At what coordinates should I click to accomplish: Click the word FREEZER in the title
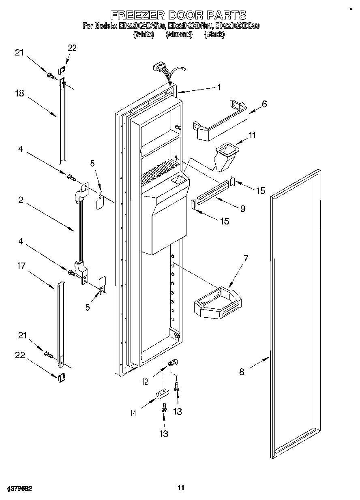click(x=138, y=15)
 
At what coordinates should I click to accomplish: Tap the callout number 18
click(x=19, y=94)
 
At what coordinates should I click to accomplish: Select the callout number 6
click(x=264, y=104)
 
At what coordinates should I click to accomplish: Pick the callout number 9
click(x=242, y=209)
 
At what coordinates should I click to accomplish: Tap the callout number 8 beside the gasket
click(x=242, y=372)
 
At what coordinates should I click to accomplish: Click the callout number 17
click(x=21, y=266)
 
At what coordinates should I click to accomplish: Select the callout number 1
click(x=219, y=87)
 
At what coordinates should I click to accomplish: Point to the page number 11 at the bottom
click(x=181, y=487)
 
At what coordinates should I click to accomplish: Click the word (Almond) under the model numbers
click(x=178, y=34)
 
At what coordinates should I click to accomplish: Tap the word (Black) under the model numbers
click(x=214, y=34)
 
